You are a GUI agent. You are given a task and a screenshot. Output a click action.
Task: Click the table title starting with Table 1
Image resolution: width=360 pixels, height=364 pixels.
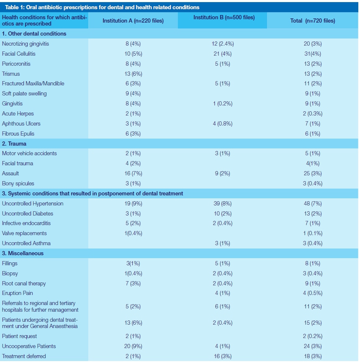point(102,7)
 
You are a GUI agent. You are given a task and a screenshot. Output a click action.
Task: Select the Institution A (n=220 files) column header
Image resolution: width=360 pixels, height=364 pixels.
point(133,21)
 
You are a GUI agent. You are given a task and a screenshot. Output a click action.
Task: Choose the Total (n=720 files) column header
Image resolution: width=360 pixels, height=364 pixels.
point(313,21)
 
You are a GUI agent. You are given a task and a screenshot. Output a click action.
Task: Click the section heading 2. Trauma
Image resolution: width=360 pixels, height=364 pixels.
point(14,144)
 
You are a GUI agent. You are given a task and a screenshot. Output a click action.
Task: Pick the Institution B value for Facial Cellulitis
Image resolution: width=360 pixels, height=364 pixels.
point(223,54)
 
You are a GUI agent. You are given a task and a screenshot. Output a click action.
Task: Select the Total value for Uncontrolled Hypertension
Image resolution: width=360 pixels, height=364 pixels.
point(313,203)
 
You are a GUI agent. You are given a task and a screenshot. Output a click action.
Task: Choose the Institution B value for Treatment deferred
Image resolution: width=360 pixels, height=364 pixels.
point(223,356)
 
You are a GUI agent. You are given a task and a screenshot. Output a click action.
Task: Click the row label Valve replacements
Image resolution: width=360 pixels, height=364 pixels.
point(24,233)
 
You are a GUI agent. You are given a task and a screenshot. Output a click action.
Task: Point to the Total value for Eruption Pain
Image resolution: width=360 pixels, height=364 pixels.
point(313,293)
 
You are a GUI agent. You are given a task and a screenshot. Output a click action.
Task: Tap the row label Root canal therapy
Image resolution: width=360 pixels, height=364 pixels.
point(24,283)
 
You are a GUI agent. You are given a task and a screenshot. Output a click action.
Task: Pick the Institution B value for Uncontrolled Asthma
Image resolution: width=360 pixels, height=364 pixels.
point(223,243)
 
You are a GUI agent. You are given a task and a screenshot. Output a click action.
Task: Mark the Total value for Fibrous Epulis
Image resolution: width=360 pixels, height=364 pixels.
point(313,133)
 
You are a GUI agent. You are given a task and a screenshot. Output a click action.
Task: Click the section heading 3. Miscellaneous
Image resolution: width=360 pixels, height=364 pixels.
point(23,253)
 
